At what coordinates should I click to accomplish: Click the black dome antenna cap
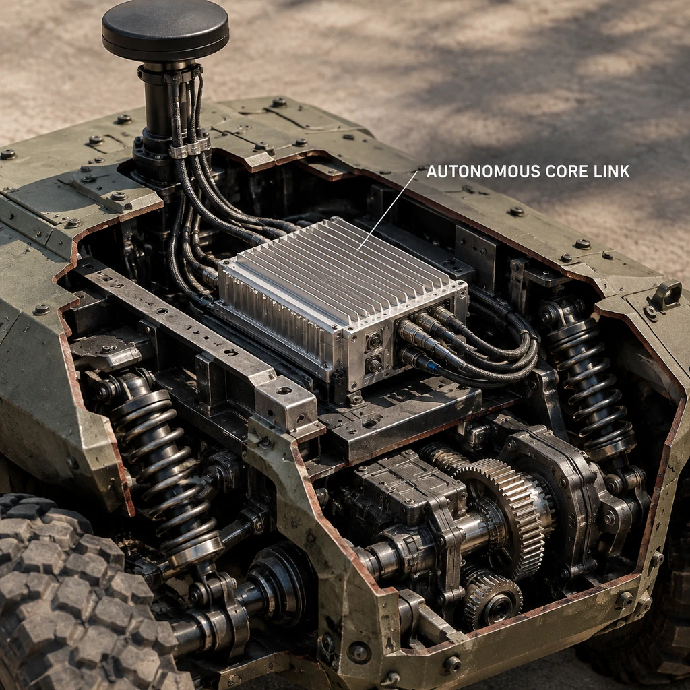166,30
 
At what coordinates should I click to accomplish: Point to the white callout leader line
387,210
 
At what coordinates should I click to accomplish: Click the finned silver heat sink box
342,299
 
